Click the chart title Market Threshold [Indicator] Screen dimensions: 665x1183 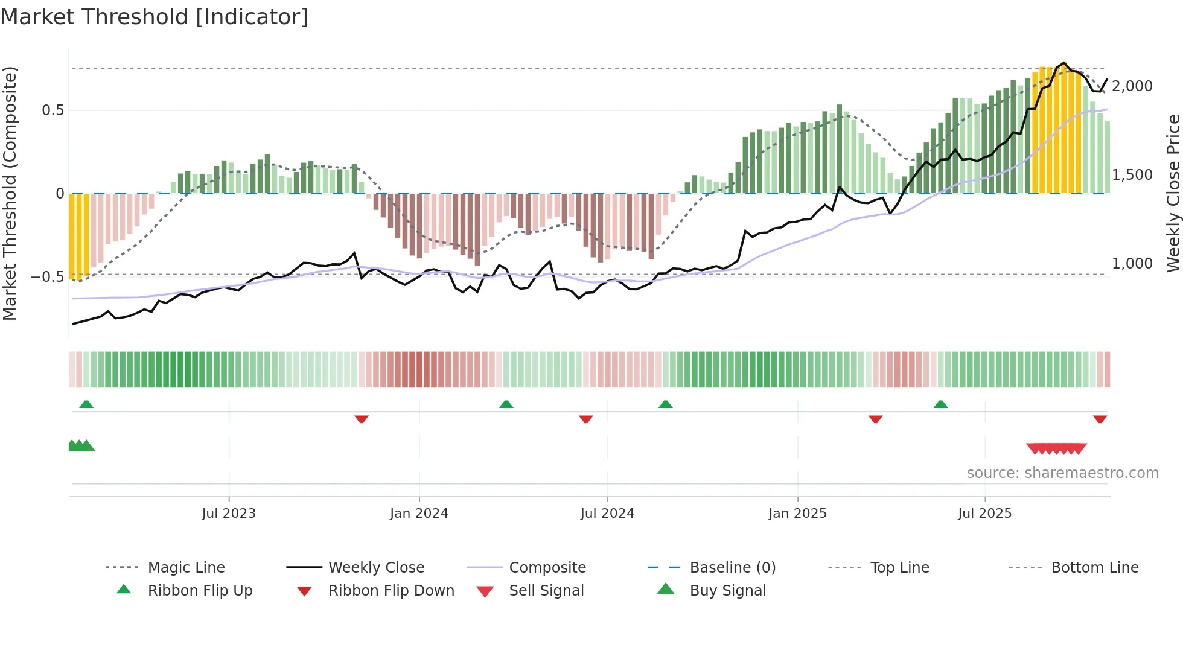[155, 17]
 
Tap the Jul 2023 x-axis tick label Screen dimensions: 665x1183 [229, 514]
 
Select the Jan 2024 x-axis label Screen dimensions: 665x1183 [419, 514]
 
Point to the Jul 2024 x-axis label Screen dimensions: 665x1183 [607, 514]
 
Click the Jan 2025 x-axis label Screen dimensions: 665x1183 [797, 514]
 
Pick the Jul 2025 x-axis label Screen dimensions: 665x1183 [984, 514]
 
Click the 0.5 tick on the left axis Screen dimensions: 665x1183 [53, 110]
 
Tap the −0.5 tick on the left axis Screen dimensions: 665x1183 [48, 277]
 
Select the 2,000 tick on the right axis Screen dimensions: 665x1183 [1132, 86]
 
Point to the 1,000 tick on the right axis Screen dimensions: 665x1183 [1132, 264]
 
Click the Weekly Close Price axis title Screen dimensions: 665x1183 [1173, 193]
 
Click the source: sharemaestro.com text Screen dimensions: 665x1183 [1062, 473]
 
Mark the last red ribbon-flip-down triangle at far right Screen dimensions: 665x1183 [1100, 419]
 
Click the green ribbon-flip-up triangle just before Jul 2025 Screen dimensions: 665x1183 [940, 404]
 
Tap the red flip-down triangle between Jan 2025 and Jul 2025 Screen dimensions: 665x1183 [875, 419]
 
